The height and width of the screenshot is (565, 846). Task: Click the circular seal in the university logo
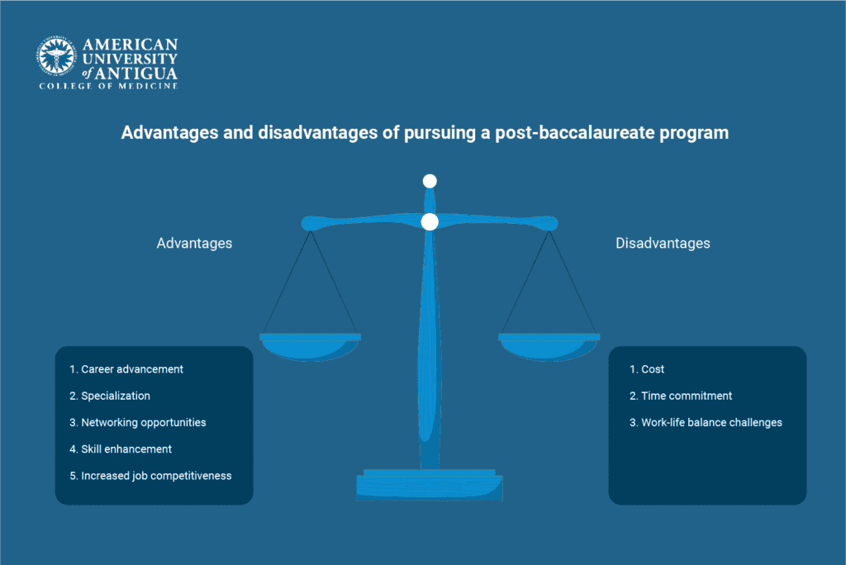pyautogui.click(x=56, y=56)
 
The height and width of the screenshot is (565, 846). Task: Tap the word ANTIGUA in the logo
pyautogui.click(x=136, y=74)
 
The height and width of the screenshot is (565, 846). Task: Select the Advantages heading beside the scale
pyautogui.click(x=194, y=244)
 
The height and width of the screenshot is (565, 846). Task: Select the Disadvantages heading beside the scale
pyautogui.click(x=663, y=244)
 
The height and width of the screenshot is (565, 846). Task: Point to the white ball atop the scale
pyautogui.click(x=430, y=182)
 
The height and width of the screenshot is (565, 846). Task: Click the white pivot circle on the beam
pyautogui.click(x=430, y=222)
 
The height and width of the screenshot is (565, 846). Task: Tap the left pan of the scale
pyautogui.click(x=311, y=346)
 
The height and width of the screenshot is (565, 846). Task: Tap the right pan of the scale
pyautogui.click(x=549, y=346)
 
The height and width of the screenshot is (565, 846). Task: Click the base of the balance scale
pyautogui.click(x=430, y=485)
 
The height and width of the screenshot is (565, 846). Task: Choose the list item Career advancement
pyautogui.click(x=126, y=369)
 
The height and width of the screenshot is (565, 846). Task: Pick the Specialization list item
pyautogui.click(x=110, y=396)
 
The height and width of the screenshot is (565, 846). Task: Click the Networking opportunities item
pyautogui.click(x=138, y=423)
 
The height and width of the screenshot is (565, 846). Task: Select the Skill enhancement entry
pyautogui.click(x=121, y=449)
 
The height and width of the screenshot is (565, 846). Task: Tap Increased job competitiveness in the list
pyautogui.click(x=150, y=476)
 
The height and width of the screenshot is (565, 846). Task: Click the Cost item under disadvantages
pyautogui.click(x=647, y=369)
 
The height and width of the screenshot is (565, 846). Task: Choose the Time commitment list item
pyautogui.click(x=681, y=396)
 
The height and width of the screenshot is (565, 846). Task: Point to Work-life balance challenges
pyautogui.click(x=706, y=423)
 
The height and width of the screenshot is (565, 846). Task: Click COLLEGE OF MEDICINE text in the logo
pyautogui.click(x=108, y=87)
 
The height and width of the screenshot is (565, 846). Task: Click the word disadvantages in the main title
pyautogui.click(x=318, y=133)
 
